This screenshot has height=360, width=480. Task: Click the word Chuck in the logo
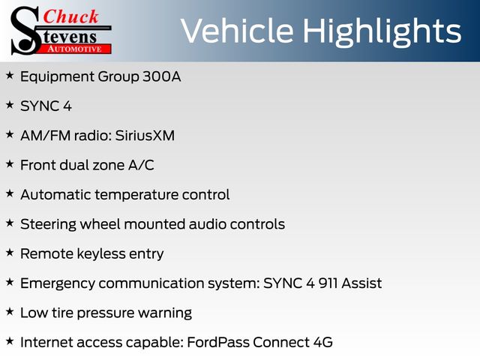pos(70,16)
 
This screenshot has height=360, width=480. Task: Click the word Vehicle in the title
pos(238,31)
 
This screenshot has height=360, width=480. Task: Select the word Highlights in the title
pos(382,32)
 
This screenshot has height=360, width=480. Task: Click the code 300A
pos(162,76)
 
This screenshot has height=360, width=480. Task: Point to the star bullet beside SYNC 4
pos(10,105)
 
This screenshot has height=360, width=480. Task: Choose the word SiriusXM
pos(145,136)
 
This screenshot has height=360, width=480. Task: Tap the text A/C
pos(141,165)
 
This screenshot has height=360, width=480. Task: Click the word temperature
pos(136,195)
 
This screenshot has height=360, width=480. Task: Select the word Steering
pos(48,225)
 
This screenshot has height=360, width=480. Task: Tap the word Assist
pos(361,283)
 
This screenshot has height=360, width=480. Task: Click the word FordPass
pos(218,343)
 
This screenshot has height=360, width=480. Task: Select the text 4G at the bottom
pos(323,343)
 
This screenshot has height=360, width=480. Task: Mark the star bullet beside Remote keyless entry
pos(10,253)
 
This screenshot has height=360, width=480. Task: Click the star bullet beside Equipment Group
pos(10,75)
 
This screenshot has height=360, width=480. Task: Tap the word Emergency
pos(58,284)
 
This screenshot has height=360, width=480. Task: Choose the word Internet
pos(46,343)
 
